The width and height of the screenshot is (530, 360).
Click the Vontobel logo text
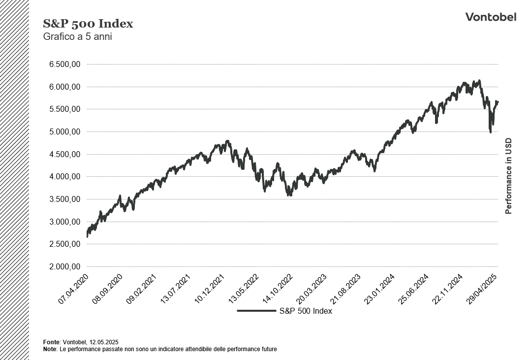pyautogui.click(x=491, y=17)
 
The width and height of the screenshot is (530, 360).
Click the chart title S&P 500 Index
pyautogui.click(x=88, y=24)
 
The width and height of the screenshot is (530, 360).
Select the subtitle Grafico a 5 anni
pyautogui.click(x=78, y=36)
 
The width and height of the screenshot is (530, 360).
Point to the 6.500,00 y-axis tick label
pyautogui.click(x=64, y=65)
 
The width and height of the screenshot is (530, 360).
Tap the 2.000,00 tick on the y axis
pyautogui.click(x=64, y=266)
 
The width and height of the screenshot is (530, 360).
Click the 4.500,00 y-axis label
pyautogui.click(x=64, y=154)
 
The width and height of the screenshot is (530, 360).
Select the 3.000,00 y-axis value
pyautogui.click(x=64, y=222)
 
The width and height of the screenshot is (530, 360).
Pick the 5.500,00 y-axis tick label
pyautogui.click(x=64, y=109)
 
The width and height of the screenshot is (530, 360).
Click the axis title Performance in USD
pyautogui.click(x=509, y=176)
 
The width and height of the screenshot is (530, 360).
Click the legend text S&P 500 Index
pyautogui.click(x=306, y=311)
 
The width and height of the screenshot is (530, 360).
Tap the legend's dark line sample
pyautogui.click(x=256, y=311)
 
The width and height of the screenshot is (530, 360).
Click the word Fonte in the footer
pyautogui.click(x=51, y=342)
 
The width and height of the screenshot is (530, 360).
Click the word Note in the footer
pyautogui.click(x=50, y=349)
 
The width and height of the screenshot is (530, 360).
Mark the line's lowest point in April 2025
pyautogui.click(x=490, y=132)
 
